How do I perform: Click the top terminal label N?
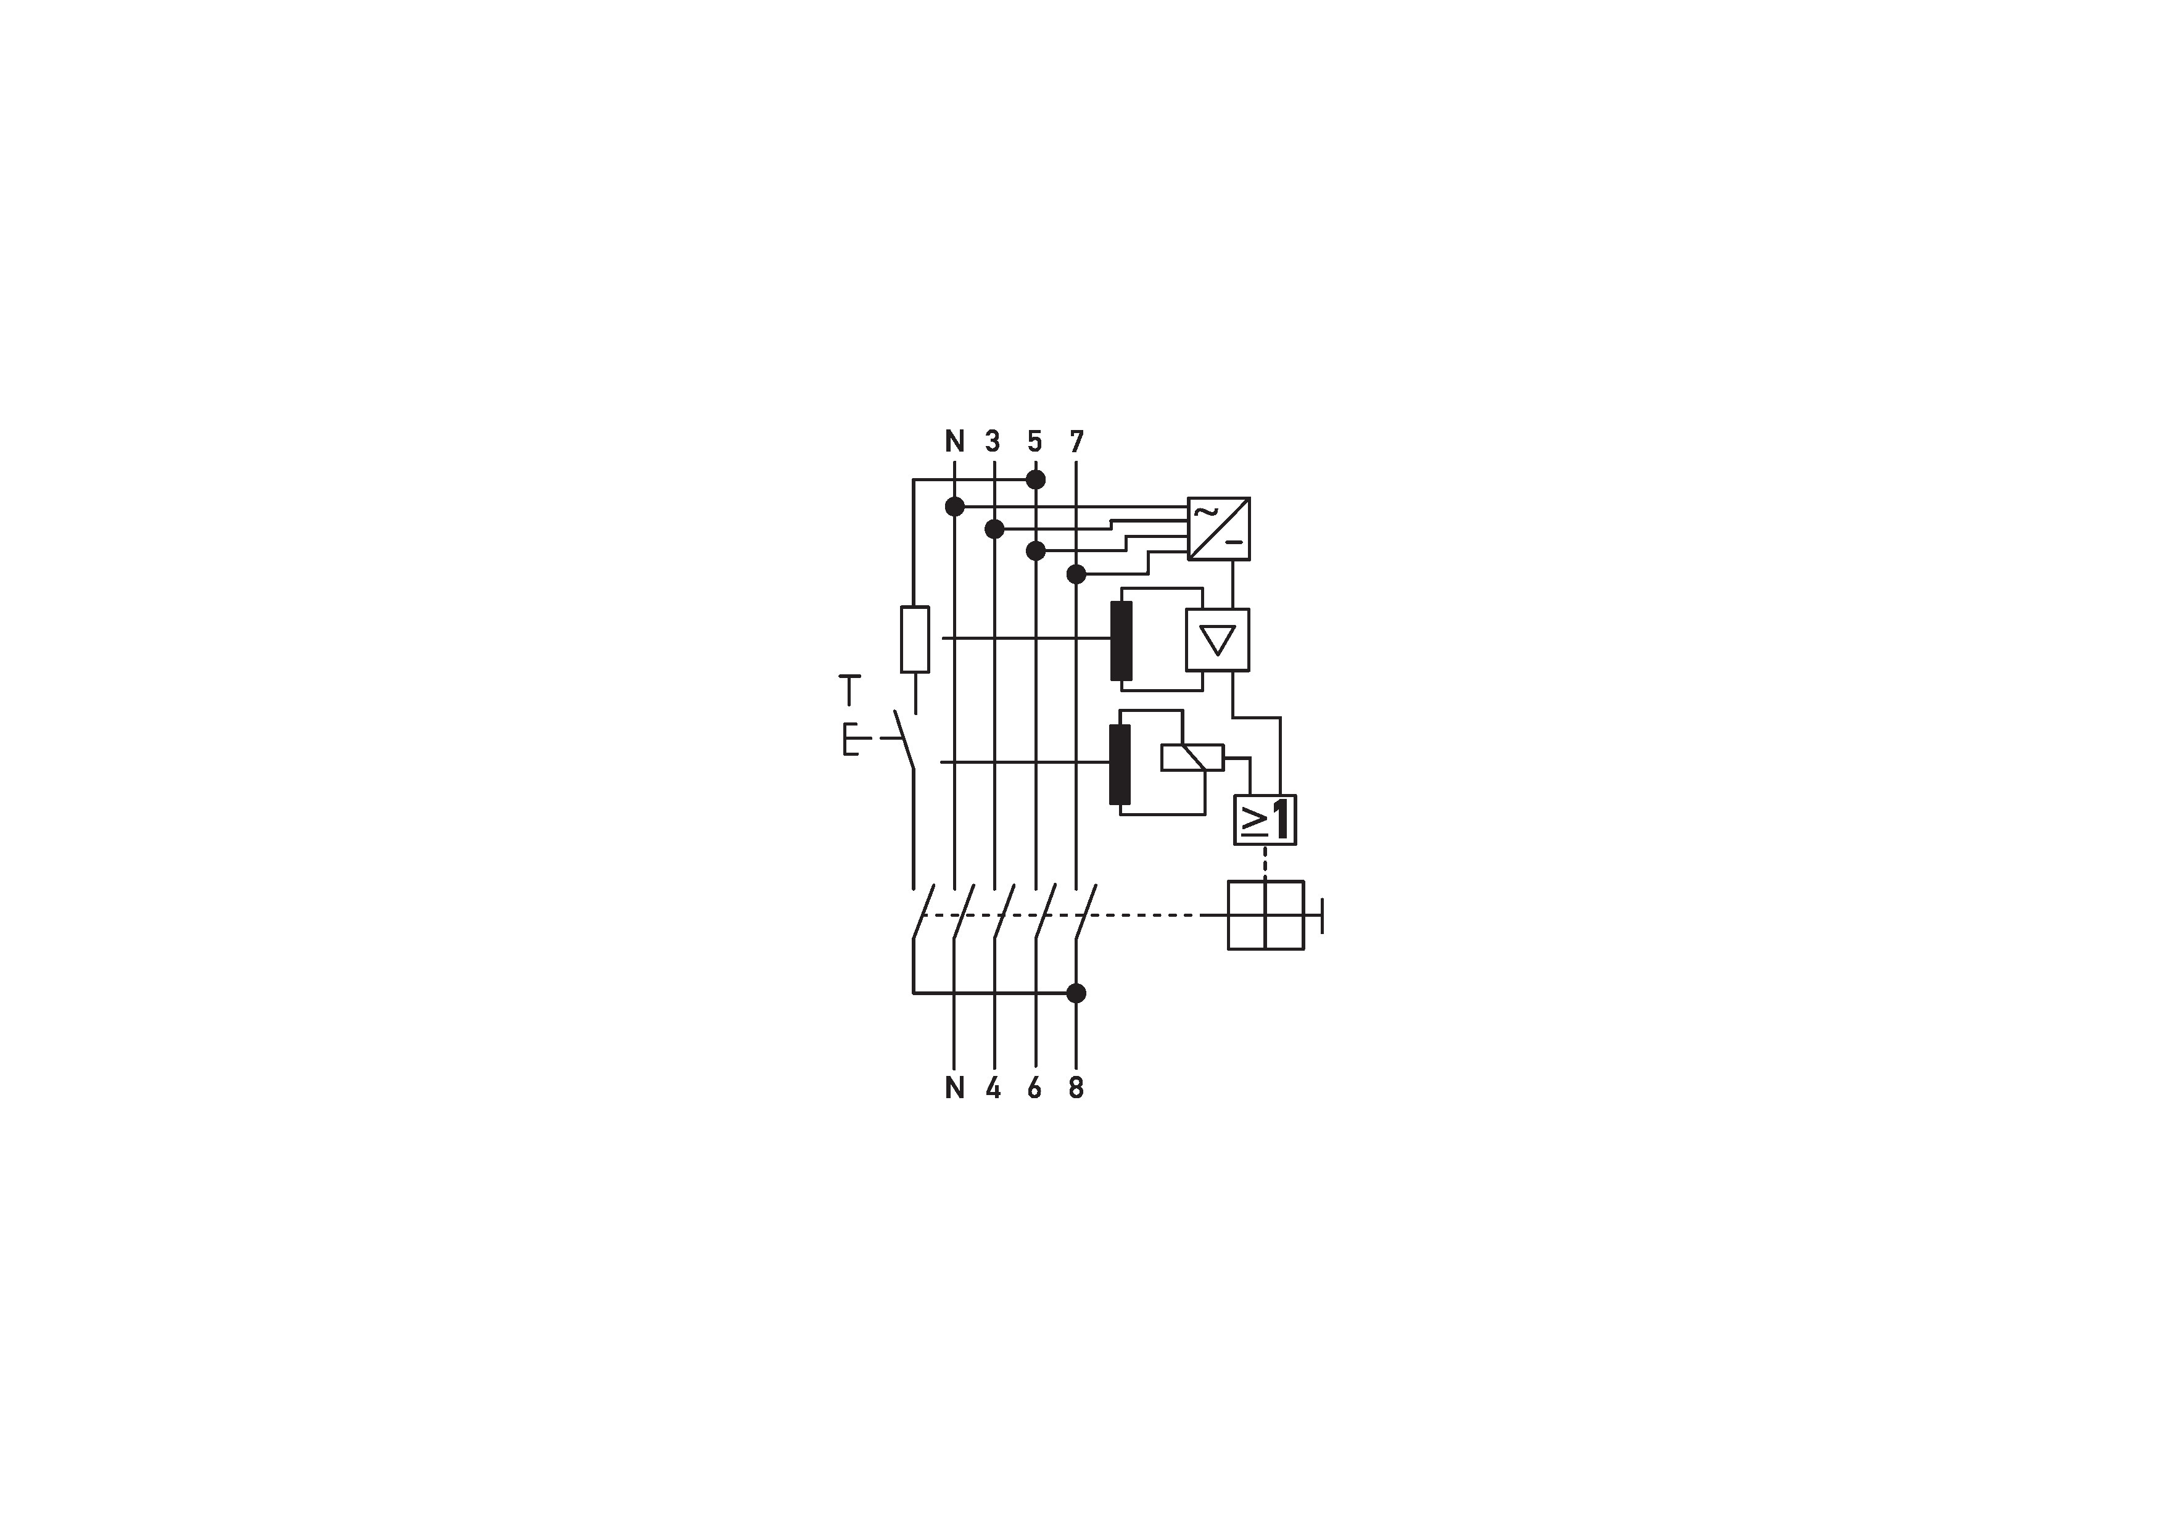pos(955,441)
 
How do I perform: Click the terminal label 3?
pos(993,441)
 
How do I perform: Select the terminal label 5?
pos(1035,441)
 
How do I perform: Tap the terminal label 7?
pos(1076,441)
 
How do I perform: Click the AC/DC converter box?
pos(1219,529)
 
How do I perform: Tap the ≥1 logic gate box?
pos(1265,819)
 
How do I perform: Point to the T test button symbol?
pos(849,689)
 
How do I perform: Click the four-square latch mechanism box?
pos(1266,914)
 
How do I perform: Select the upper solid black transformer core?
pos(1121,640)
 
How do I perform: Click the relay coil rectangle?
pos(1192,758)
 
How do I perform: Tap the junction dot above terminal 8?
pos(1076,993)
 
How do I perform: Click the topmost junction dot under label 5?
pos(1035,480)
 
